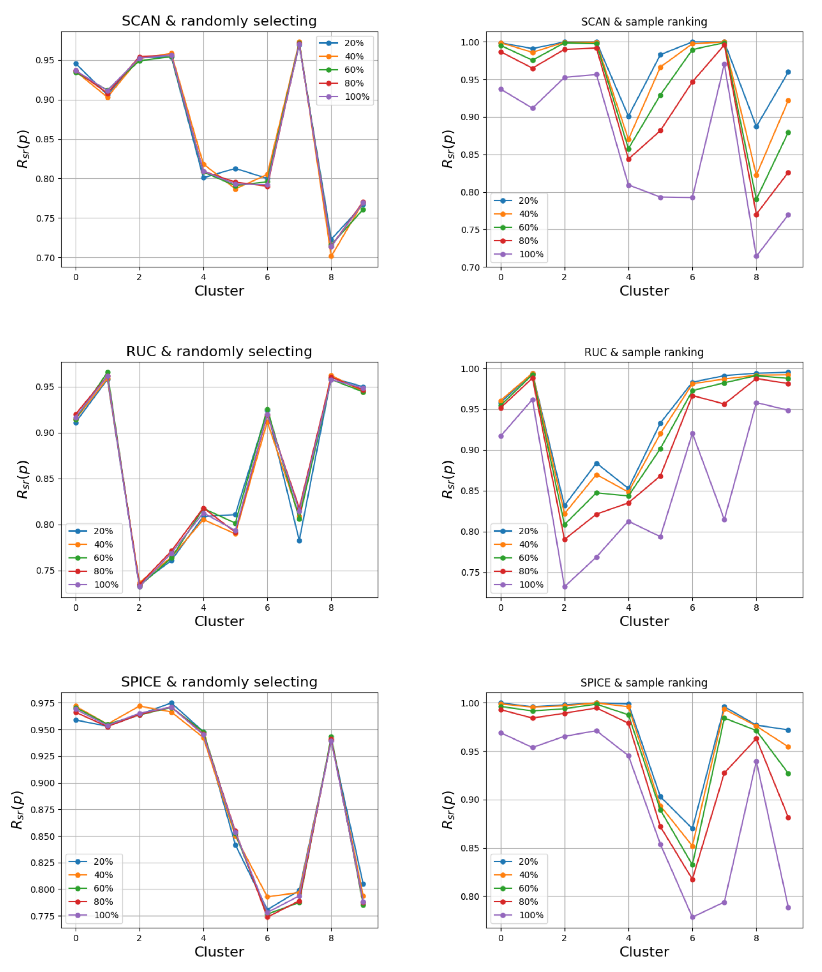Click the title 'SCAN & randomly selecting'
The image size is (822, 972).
[x=219, y=21]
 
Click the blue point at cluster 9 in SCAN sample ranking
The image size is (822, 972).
[x=788, y=72]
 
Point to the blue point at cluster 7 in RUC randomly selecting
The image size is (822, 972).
[x=299, y=541]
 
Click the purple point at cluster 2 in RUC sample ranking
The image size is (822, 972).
[x=565, y=587]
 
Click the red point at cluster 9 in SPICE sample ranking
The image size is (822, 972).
[x=788, y=817]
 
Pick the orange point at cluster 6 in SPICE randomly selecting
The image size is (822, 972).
[x=267, y=897]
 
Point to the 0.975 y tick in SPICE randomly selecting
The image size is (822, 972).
[x=43, y=703]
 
